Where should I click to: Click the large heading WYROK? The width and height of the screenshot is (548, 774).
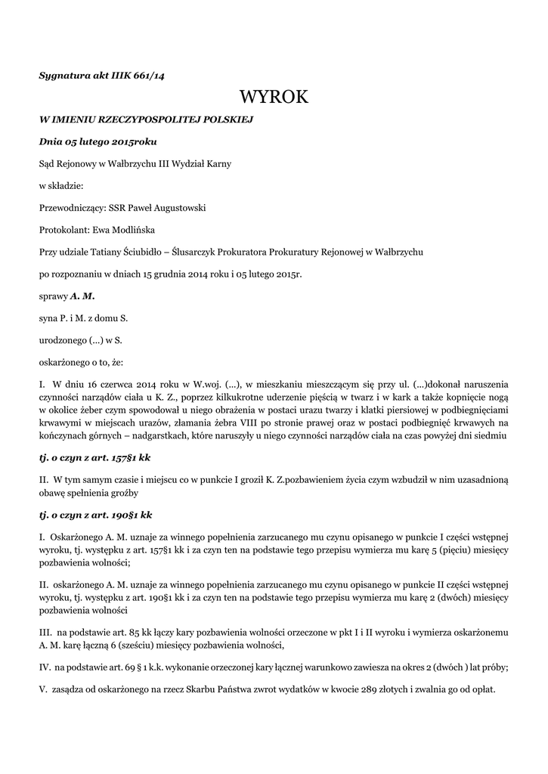tap(274, 97)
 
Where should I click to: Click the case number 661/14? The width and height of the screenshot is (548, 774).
tap(148, 75)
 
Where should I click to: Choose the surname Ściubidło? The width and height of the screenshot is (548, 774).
tap(141, 251)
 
